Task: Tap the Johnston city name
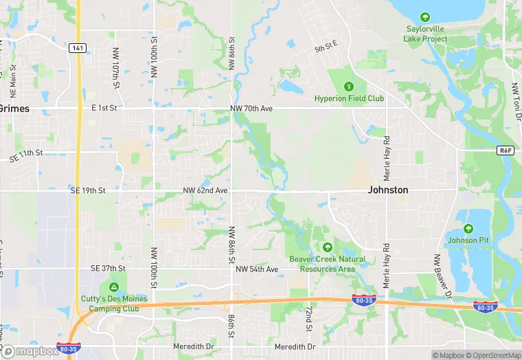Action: (388, 190)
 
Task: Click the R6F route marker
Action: (506, 149)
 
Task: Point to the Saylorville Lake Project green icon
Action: (426, 16)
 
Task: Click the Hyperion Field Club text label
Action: (349, 98)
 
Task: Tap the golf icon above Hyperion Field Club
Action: (349, 86)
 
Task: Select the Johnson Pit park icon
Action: (468, 229)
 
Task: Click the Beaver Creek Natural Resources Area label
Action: (327, 264)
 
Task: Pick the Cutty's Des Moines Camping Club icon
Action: (113, 286)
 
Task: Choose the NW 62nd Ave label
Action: (205, 190)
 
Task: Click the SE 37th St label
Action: (109, 268)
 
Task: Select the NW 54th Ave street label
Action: (257, 269)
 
